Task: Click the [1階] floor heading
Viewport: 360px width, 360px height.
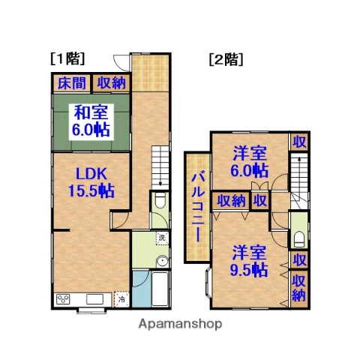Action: coord(67,58)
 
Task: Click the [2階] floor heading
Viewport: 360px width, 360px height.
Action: coord(226,58)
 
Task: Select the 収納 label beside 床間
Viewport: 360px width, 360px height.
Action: coord(110,83)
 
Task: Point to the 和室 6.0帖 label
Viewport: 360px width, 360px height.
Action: coord(91,121)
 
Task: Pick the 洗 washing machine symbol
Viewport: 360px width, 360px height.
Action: coord(161,238)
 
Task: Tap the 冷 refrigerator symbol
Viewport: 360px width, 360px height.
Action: coord(121,300)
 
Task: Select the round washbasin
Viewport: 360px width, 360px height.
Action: coord(160,262)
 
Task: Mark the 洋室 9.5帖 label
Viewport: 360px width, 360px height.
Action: coord(249,260)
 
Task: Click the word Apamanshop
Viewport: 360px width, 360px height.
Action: coord(179,325)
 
